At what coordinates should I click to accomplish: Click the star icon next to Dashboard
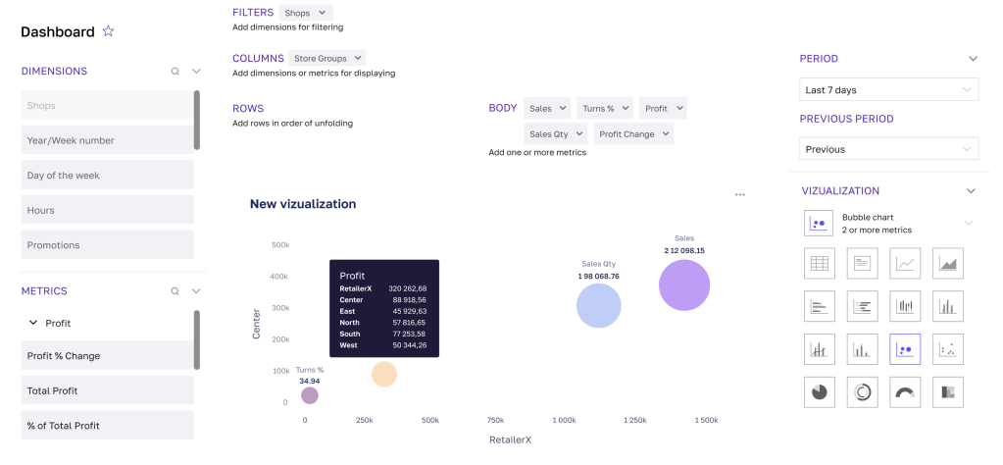(109, 31)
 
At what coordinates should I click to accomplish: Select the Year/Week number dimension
(107, 140)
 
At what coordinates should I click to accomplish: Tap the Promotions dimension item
(107, 245)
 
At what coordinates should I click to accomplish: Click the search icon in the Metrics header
(176, 291)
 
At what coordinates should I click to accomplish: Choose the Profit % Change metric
(107, 356)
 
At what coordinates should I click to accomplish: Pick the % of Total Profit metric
(107, 426)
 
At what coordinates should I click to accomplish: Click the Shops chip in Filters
(305, 13)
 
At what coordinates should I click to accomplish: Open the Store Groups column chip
(327, 59)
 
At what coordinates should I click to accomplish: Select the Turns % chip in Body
(604, 109)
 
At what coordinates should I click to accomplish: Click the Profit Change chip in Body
(633, 134)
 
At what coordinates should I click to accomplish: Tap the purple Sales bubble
(684, 285)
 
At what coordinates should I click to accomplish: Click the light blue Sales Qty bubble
(599, 305)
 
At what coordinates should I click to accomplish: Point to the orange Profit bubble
(384, 374)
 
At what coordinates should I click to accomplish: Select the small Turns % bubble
(310, 395)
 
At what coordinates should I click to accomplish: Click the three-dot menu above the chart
(740, 194)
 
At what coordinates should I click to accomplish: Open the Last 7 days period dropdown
(888, 90)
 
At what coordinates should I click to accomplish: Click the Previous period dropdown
(888, 150)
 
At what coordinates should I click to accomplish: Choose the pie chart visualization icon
(819, 391)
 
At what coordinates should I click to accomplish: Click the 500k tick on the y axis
(279, 245)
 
